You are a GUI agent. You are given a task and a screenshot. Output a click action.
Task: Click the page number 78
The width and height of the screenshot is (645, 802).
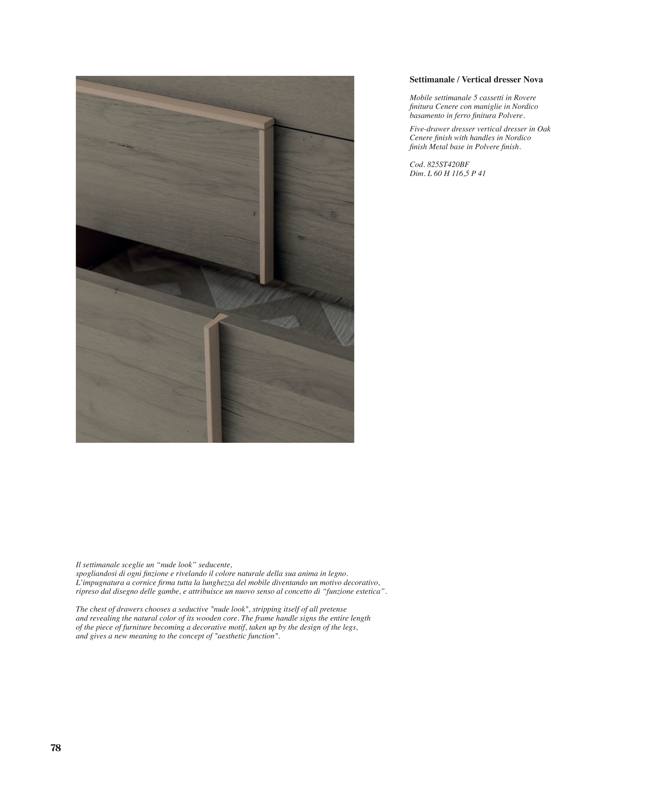56,748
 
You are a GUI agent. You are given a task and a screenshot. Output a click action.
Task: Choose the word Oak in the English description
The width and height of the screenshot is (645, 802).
544,129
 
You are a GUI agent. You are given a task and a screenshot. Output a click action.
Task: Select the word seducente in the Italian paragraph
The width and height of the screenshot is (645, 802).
215,565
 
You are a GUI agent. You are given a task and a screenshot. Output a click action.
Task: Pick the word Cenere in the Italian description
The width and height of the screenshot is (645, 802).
447,107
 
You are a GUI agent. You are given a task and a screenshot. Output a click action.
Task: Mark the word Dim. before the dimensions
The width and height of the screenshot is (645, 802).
417,173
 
